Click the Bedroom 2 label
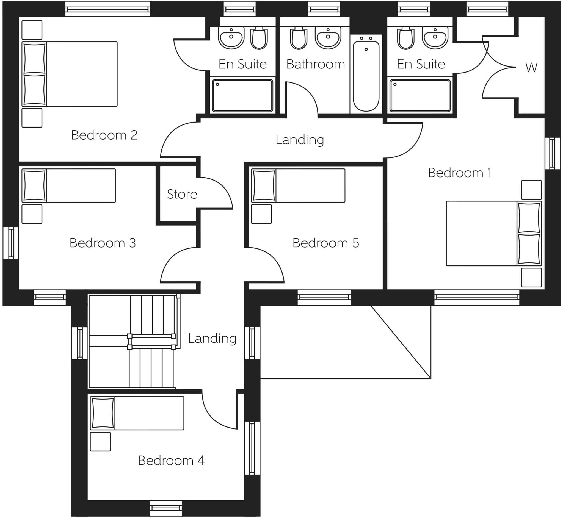coord(104,135)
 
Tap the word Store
coord(182,194)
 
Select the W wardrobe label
coord(531,68)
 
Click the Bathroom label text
coord(315,64)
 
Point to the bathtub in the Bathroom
coord(366,76)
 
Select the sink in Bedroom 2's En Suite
coord(231,37)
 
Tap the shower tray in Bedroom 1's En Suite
coord(420,96)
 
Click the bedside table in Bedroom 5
coord(261,214)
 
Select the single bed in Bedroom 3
coord(69,185)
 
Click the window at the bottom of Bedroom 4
coord(166,508)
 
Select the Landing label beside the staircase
coord(212,339)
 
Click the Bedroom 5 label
coord(325,243)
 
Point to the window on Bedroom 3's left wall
coord(11,243)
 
